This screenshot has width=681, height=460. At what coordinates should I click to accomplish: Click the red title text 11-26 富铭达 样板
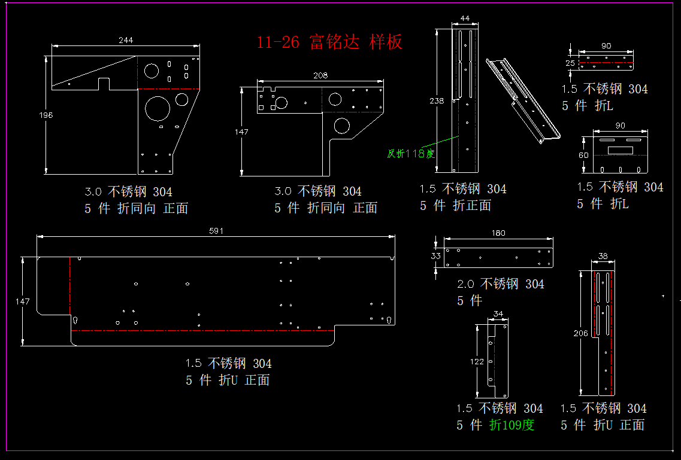(x=329, y=42)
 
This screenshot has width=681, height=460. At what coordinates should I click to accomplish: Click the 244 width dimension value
(x=126, y=40)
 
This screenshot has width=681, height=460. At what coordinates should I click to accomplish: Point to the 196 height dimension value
(x=46, y=115)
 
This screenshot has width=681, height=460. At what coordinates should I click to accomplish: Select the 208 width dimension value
(x=320, y=75)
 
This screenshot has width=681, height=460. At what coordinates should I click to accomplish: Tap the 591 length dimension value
(x=216, y=231)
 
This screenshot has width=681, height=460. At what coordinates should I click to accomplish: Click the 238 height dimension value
(x=437, y=100)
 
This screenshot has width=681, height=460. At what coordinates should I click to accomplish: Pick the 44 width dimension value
(x=465, y=18)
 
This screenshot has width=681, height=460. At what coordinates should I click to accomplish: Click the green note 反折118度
(x=411, y=154)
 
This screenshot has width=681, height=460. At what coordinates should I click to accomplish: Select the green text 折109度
(x=511, y=425)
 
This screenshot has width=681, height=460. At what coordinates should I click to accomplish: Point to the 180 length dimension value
(x=498, y=233)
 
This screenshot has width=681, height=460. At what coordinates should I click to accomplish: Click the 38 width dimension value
(x=603, y=256)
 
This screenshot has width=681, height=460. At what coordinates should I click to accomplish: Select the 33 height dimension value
(x=436, y=255)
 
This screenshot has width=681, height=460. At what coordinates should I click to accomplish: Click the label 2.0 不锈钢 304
(x=501, y=284)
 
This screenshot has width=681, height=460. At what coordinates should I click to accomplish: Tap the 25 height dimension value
(x=570, y=63)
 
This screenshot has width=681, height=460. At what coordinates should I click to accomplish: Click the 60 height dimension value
(x=584, y=155)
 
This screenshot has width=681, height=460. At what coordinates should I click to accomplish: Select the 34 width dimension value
(x=498, y=313)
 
